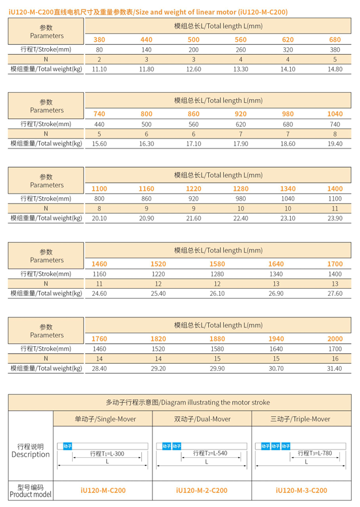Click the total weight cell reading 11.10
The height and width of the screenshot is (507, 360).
point(99,69)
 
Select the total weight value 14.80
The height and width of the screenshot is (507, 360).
point(335,69)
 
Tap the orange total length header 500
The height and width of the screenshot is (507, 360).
point(193,39)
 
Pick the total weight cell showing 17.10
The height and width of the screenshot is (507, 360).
point(193,144)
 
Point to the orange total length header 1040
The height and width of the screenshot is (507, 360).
point(335,114)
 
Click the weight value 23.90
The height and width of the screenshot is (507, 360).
point(335,218)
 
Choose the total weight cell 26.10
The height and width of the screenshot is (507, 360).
point(217,293)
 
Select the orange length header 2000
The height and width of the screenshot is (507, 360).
point(335,339)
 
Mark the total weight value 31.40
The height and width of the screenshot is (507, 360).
point(335,368)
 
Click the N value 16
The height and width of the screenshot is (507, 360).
point(335,358)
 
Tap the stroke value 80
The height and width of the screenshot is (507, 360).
point(99,49)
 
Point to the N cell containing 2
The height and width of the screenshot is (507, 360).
point(99,59)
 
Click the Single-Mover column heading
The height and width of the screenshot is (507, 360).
point(103,419)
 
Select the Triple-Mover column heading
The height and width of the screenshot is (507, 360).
point(302,419)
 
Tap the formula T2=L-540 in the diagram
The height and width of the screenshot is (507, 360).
point(209,454)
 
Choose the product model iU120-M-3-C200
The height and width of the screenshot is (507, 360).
point(301,491)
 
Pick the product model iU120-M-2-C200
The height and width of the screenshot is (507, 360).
point(202,491)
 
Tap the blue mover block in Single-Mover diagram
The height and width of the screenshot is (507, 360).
point(67,446)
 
